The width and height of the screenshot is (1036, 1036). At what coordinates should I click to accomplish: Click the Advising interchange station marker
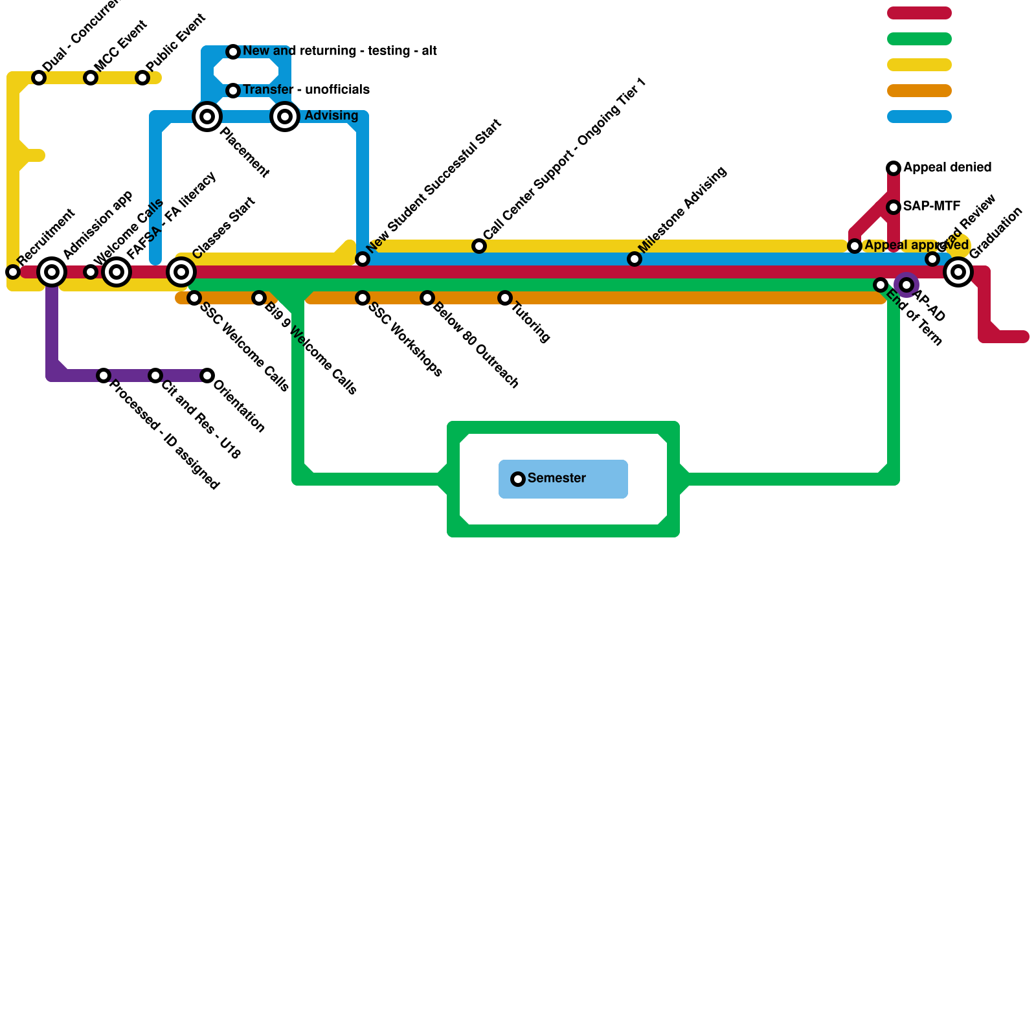[x=285, y=117]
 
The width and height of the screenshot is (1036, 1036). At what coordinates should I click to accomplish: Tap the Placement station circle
[x=207, y=117]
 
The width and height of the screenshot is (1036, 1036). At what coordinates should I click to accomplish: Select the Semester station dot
[x=518, y=479]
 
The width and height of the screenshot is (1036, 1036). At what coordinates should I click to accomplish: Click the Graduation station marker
[x=958, y=272]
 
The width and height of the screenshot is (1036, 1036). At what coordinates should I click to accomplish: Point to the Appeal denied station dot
[x=894, y=168]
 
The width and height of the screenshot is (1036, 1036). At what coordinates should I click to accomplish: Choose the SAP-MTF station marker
[x=894, y=207]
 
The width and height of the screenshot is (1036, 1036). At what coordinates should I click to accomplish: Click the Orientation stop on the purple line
[x=207, y=376]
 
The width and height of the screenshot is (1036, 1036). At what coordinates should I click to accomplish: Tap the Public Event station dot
[x=142, y=78]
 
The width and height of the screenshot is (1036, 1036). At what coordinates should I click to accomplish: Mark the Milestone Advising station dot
[x=635, y=259]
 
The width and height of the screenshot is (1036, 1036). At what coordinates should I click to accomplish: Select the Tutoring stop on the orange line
[x=505, y=298]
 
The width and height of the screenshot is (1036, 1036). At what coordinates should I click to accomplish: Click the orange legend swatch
[x=919, y=91]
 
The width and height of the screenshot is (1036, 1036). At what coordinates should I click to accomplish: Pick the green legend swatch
[x=919, y=39]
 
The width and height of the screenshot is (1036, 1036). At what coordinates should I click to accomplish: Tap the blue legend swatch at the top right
[x=919, y=117]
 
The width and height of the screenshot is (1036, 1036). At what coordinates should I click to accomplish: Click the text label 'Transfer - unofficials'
[x=306, y=89]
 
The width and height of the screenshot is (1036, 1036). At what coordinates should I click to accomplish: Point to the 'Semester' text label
[x=557, y=479]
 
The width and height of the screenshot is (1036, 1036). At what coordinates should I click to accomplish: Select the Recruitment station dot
[x=13, y=272]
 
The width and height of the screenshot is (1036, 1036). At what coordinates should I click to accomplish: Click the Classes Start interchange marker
[x=181, y=272]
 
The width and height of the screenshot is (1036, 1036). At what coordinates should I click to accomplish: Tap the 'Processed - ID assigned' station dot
[x=104, y=376]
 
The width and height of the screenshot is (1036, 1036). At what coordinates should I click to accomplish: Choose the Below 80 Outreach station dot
[x=427, y=298]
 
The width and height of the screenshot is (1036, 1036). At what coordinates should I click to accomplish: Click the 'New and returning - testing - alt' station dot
[x=233, y=52]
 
